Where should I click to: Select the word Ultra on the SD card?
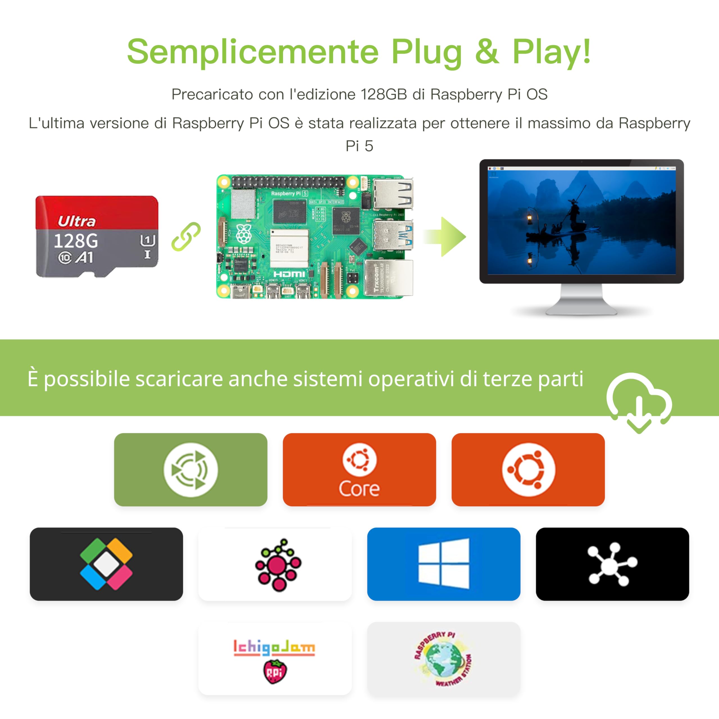(77, 221)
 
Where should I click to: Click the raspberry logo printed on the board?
(244, 234)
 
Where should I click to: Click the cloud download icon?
(639, 402)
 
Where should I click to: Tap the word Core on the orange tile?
(359, 489)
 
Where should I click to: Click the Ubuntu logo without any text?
(528, 470)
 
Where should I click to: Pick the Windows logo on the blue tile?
(443, 564)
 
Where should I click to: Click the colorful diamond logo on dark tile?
(106, 564)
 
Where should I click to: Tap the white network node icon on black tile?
(612, 564)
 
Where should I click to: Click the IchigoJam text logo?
(274, 648)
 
